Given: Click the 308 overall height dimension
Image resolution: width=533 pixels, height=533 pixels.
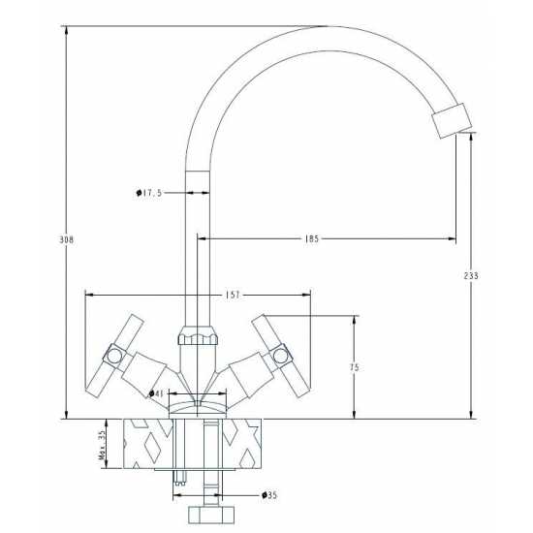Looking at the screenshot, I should (61, 238).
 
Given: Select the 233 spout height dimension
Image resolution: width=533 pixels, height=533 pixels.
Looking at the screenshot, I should (472, 276).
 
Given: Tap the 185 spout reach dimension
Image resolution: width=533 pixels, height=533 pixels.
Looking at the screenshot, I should (311, 237).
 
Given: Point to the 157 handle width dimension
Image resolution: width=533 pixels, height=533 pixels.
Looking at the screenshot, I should (232, 294).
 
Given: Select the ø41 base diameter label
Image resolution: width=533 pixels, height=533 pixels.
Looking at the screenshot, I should (156, 392).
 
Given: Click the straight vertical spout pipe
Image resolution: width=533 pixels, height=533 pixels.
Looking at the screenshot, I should (198, 252).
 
